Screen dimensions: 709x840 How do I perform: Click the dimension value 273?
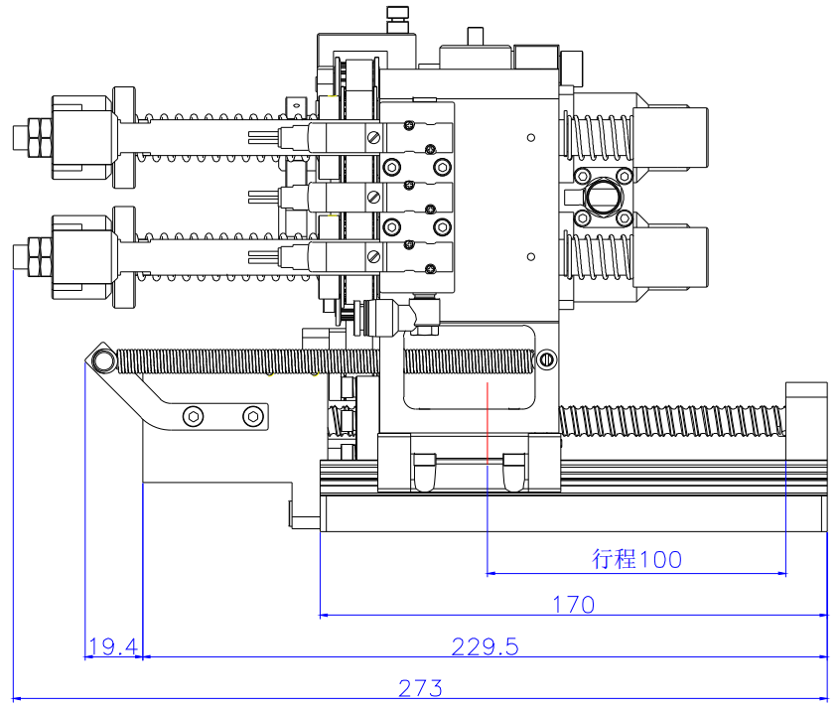pyautogui.click(x=420, y=687)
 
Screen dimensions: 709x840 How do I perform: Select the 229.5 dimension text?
pyautogui.click(x=486, y=646)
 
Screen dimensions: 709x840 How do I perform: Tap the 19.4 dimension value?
pyautogui.click(x=112, y=647)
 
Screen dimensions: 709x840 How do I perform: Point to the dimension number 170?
pyautogui.click(x=574, y=604)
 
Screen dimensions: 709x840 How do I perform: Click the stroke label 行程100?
pyautogui.click(x=636, y=559)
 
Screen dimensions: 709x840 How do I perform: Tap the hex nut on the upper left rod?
pyautogui.click(x=36, y=138)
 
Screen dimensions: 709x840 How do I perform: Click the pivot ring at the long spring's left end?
pyautogui.click(x=101, y=358)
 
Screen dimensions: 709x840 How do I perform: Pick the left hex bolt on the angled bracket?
pyautogui.click(x=194, y=415)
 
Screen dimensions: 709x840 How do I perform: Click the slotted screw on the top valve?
pyautogui.click(x=373, y=138)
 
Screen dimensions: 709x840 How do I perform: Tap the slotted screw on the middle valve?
pyautogui.click(x=373, y=198)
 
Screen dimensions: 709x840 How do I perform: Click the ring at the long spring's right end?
pyautogui.click(x=546, y=358)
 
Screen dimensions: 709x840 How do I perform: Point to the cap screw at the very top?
pyautogui.click(x=397, y=14)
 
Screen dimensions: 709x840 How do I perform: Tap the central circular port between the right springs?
pyautogui.click(x=602, y=197)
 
